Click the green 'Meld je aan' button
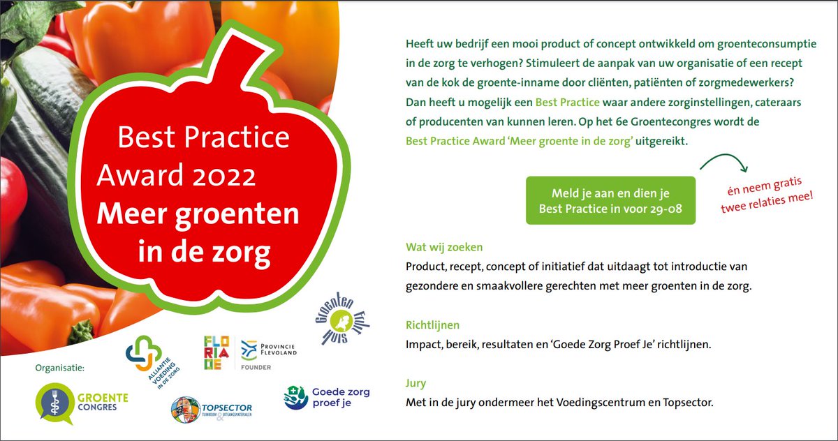pos(610,200)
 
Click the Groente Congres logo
pos(73,405)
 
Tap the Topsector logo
pos(211,408)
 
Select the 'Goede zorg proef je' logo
pos(327,398)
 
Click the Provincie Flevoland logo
pos(268,349)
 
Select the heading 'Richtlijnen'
pos(432,325)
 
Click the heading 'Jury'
pos(416,383)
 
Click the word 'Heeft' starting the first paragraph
pos(420,43)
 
